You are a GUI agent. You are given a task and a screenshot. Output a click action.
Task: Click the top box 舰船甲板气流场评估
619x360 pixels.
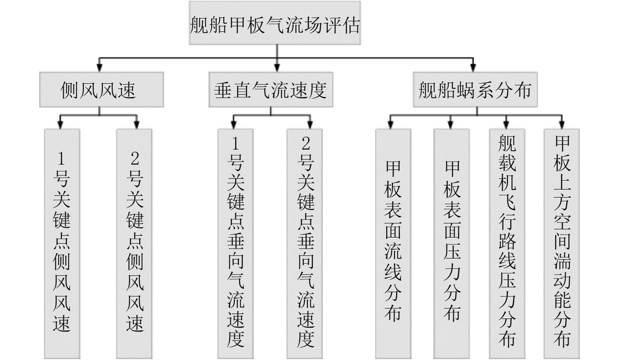coord(275,23)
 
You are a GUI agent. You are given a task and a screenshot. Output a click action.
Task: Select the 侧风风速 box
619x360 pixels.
coord(102,90)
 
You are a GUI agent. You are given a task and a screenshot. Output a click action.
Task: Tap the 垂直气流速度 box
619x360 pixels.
coord(271,90)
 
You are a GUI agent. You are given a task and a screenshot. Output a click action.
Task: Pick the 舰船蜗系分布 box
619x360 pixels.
coord(475,90)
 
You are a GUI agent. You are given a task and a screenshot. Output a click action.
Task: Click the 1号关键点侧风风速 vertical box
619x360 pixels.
coord(62,244)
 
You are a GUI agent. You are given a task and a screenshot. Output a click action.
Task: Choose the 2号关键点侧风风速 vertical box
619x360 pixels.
coord(134,244)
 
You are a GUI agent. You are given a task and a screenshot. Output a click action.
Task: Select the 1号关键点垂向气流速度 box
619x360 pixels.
coord(235,244)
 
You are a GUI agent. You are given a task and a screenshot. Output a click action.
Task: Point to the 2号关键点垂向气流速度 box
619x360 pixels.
coord(305,244)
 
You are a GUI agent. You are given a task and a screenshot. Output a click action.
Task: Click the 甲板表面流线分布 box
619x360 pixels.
coord(393,244)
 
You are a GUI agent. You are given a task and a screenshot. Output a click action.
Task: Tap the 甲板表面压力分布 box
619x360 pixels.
coord(451,244)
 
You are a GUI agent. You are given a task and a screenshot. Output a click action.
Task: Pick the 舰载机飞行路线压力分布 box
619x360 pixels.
coord(507,244)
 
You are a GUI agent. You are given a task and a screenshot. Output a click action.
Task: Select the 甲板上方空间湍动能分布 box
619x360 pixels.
coord(562,244)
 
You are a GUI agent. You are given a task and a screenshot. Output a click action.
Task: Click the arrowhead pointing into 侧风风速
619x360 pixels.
coord(100,68)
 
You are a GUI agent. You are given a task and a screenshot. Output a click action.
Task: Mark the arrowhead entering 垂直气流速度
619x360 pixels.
coord(277,68)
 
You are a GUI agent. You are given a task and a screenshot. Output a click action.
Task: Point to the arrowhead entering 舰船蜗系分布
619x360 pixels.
coord(473,68)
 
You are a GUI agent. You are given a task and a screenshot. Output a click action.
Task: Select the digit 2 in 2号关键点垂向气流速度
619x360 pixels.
coord(306,143)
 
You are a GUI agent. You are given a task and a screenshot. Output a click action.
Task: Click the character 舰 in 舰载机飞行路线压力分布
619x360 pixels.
coord(507,143)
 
